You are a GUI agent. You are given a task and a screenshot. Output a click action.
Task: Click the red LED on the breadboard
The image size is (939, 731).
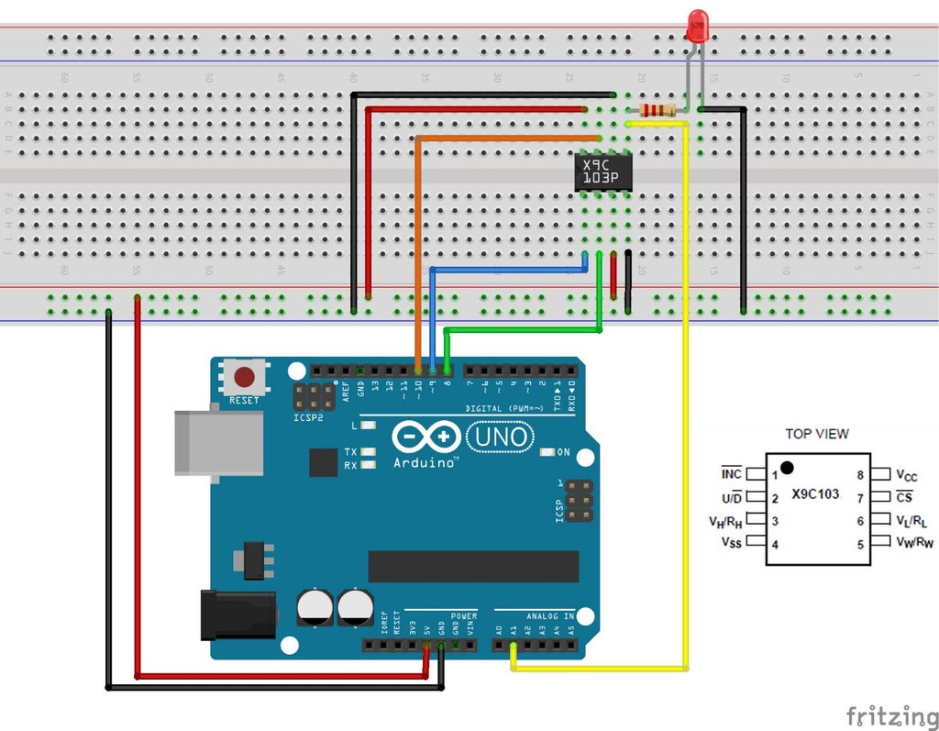tap(698, 26)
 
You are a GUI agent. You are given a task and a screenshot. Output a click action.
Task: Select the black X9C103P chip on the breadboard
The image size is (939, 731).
tap(603, 172)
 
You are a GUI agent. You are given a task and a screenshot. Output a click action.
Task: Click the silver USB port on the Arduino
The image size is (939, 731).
tap(218, 442)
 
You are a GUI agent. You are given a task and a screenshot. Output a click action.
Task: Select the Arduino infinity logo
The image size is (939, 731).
tap(427, 437)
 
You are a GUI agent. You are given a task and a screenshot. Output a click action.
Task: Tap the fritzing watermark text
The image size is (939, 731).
tap(885, 714)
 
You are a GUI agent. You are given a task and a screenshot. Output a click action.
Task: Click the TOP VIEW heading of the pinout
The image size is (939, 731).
tap(817, 434)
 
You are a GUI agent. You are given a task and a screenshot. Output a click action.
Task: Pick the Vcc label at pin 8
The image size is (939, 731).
tap(906, 475)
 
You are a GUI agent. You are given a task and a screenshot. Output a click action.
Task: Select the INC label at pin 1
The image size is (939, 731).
tap(731, 474)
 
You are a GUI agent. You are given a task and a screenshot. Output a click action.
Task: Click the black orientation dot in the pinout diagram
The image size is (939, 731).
tap(787, 468)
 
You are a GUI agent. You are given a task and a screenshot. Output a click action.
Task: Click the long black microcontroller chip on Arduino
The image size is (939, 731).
tap(473, 566)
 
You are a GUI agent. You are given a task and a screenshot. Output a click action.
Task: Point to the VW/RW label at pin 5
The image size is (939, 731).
tap(913, 543)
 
